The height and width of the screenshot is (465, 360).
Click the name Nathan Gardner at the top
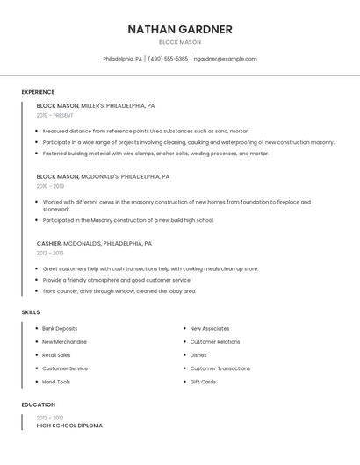(x=180, y=29)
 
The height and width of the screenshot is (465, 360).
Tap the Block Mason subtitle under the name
(x=180, y=42)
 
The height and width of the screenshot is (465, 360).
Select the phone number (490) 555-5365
(x=168, y=59)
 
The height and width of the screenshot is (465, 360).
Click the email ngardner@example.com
(x=226, y=59)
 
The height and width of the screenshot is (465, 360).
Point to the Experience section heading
(x=38, y=92)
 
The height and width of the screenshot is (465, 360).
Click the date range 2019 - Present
(x=54, y=115)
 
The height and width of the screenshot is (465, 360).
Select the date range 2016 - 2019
(x=50, y=186)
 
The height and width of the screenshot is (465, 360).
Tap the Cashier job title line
(x=94, y=243)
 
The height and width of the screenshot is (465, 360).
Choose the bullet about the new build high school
(x=128, y=220)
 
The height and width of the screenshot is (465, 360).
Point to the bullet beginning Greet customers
(x=150, y=268)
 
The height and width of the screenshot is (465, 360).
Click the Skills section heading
(x=31, y=311)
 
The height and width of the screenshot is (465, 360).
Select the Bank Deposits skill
(x=60, y=328)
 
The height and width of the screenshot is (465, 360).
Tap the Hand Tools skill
(x=56, y=382)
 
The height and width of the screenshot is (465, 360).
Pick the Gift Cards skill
(x=203, y=382)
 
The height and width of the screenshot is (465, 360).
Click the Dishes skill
(x=198, y=355)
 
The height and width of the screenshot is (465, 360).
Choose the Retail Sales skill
(x=56, y=355)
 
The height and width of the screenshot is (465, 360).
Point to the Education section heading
(x=38, y=404)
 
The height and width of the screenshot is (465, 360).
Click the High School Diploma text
(x=69, y=426)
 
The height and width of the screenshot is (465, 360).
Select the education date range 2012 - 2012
(x=50, y=418)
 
